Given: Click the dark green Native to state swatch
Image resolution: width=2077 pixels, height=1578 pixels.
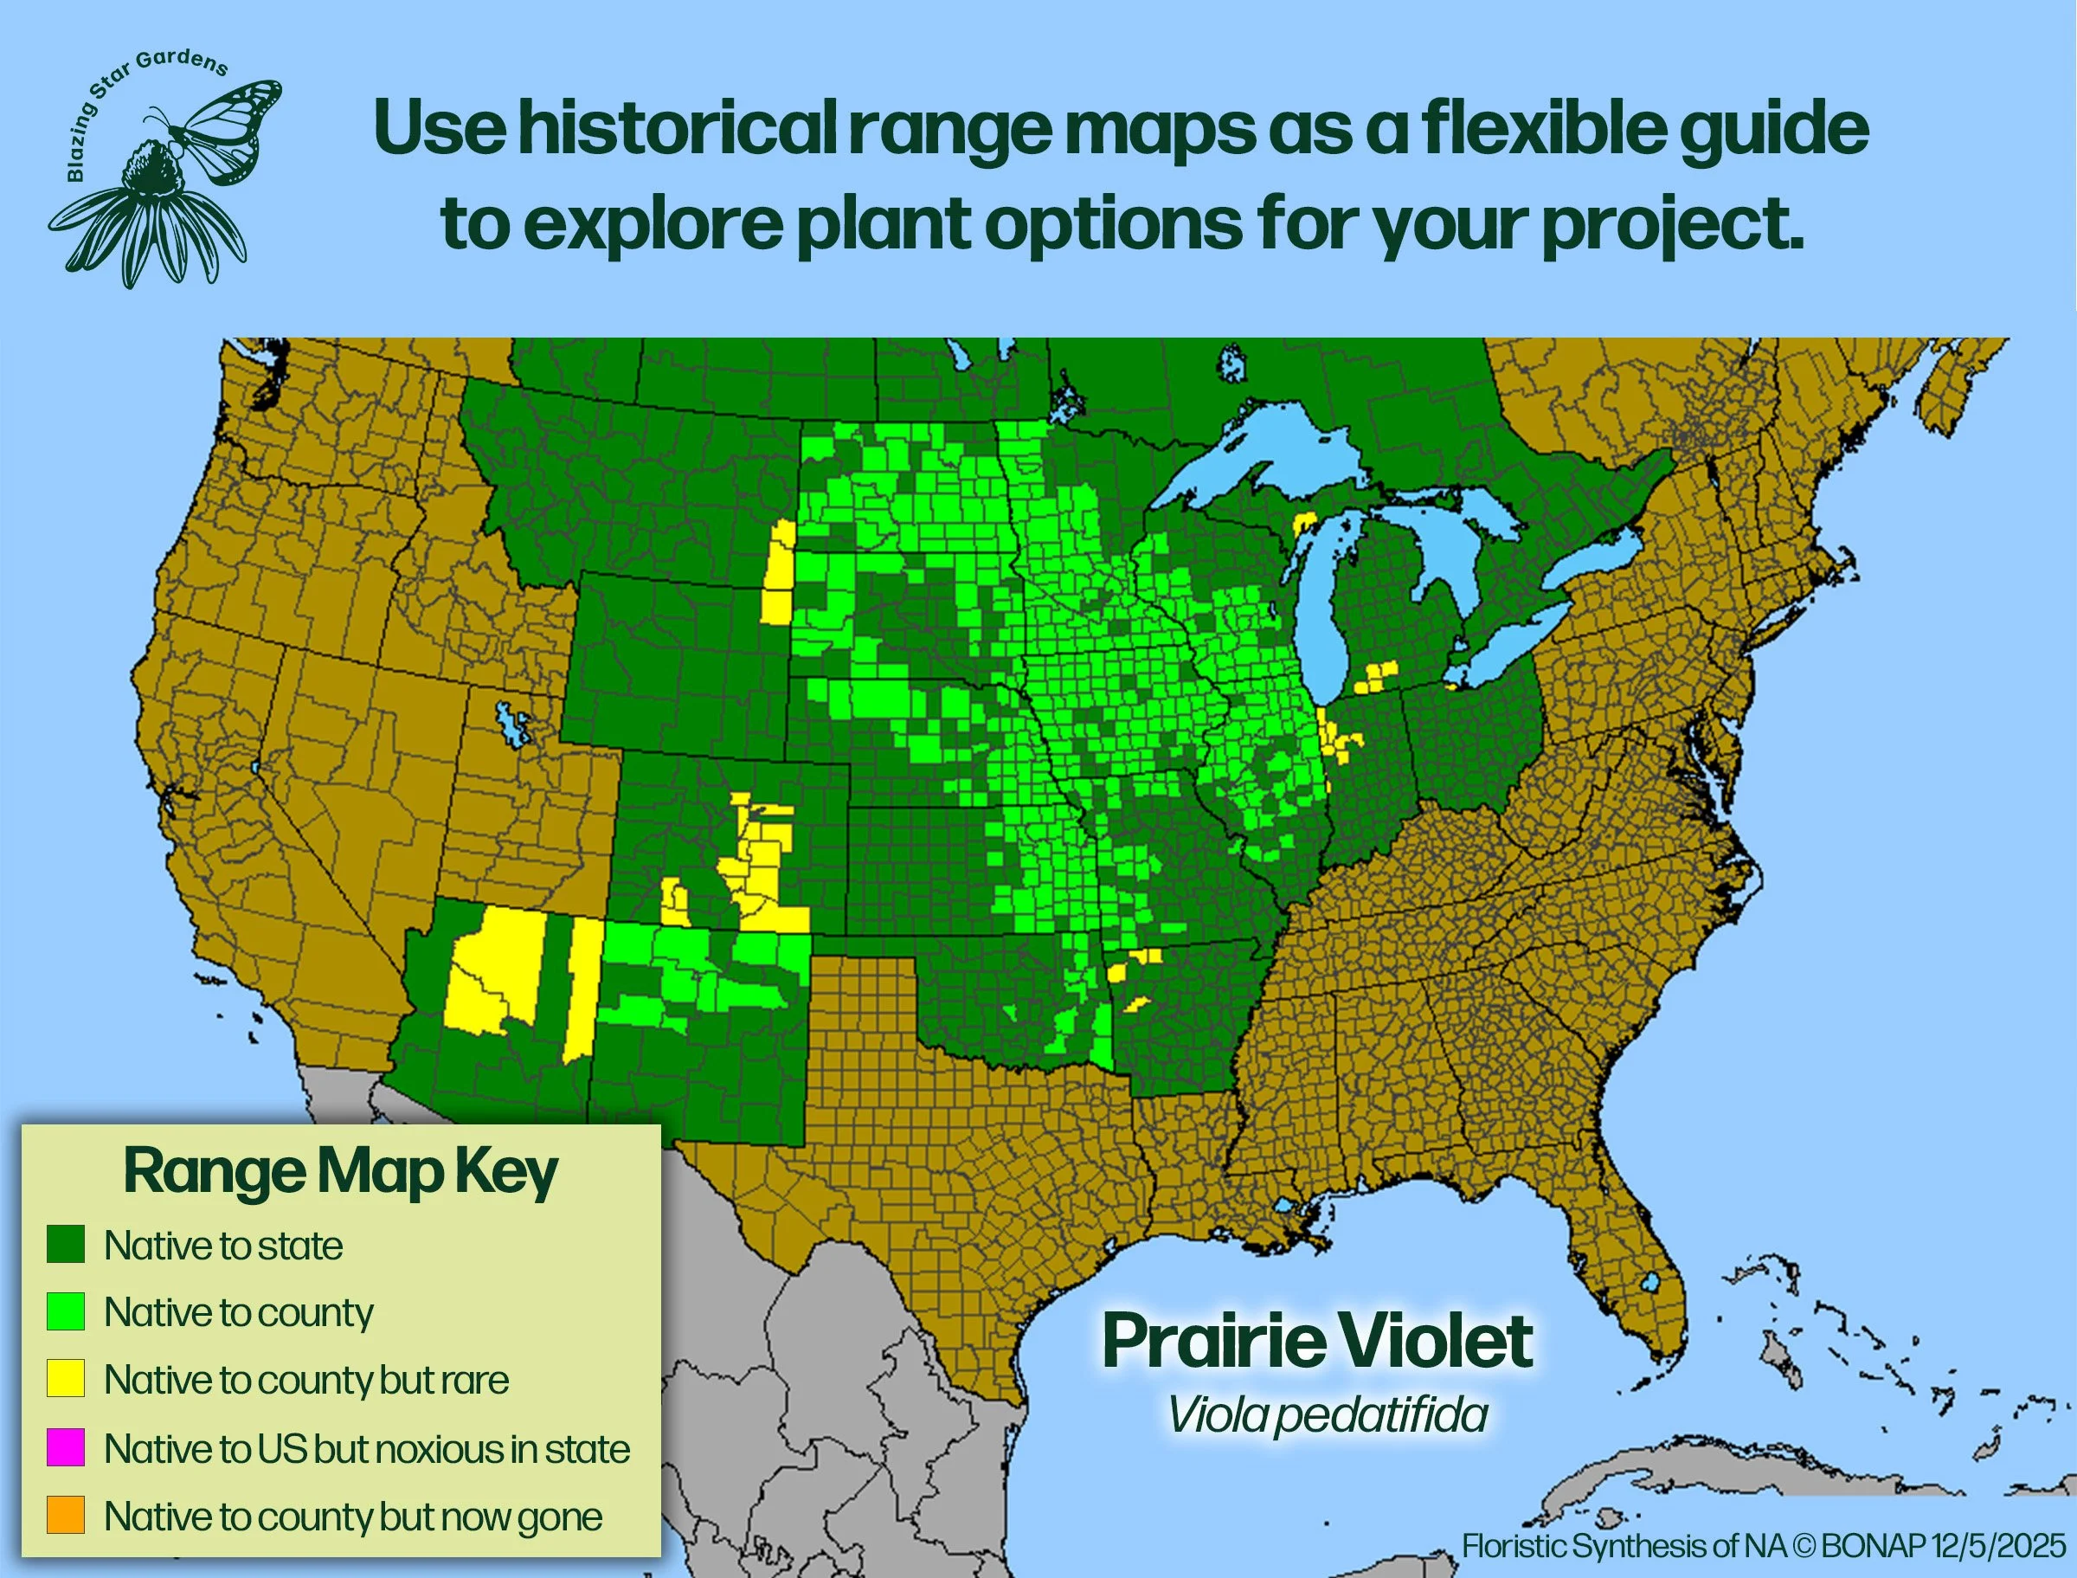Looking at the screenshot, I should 66,1245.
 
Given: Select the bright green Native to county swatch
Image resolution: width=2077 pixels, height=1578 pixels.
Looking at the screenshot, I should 66,1311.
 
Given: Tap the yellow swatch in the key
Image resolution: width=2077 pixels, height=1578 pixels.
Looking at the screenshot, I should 66,1379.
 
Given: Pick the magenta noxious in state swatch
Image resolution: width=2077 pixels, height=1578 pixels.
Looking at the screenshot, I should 66,1447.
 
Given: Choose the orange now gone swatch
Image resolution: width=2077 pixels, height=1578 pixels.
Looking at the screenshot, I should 66,1515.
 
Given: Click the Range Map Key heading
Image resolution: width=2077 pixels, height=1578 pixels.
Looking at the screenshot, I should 340,1173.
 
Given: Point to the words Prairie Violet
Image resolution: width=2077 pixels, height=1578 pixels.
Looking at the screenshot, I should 1317,1342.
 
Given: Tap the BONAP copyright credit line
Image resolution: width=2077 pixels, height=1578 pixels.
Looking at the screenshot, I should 1764,1546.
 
